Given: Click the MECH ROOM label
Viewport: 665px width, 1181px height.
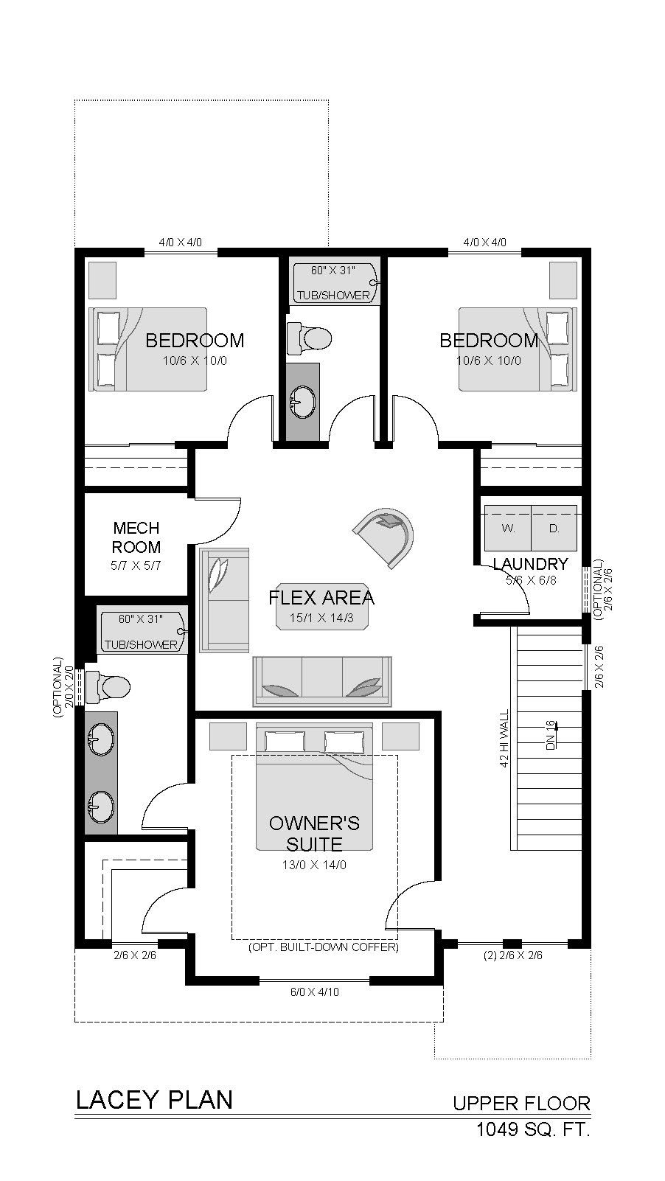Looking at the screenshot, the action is tap(136, 537).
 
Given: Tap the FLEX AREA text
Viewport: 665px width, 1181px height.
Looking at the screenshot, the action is tap(321, 598).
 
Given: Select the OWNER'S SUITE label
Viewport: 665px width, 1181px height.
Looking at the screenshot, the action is tap(314, 833).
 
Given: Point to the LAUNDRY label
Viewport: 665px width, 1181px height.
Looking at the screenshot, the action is tap(531, 564).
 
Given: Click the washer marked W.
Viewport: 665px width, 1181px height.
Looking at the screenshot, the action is tap(508, 529).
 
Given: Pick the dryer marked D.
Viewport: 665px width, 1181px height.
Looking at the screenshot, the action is tap(554, 529).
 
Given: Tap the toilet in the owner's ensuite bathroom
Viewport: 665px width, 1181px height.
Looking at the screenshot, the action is tap(108, 686).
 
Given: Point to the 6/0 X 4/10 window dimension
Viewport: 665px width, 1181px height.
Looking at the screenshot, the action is tap(315, 992).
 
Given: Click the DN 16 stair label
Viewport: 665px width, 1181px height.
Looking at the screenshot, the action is tap(551, 734).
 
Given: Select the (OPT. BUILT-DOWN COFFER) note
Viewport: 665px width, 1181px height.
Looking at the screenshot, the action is tap(323, 947).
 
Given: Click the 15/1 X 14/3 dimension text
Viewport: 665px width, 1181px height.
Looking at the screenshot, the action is tap(321, 618).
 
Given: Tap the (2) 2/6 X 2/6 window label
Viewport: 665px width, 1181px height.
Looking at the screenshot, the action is tap(513, 955).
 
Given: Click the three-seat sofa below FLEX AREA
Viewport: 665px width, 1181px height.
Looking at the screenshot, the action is tap(322, 681).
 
